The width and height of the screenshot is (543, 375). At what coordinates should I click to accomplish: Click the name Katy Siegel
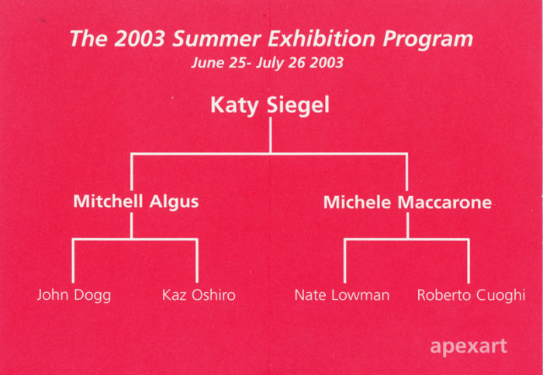point(270,105)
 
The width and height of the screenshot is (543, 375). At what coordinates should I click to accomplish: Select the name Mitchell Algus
point(136,201)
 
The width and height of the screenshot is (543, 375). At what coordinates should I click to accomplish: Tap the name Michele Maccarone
point(407,202)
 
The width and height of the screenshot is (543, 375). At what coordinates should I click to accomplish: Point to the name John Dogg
point(74,295)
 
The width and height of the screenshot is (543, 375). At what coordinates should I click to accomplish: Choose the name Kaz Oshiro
point(199,295)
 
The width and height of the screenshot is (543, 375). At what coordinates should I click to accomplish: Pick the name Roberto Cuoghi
point(471,295)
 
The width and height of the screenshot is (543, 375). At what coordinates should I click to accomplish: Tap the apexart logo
point(469,346)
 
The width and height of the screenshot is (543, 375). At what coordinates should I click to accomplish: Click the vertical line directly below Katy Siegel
point(271,136)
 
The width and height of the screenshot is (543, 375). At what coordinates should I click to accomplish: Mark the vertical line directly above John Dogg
point(74,261)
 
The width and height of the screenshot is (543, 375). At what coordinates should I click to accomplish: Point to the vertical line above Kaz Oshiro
point(197,261)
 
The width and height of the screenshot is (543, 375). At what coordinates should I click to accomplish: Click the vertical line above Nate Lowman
point(344,261)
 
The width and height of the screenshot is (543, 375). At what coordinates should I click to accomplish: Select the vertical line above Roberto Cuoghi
point(469,261)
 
